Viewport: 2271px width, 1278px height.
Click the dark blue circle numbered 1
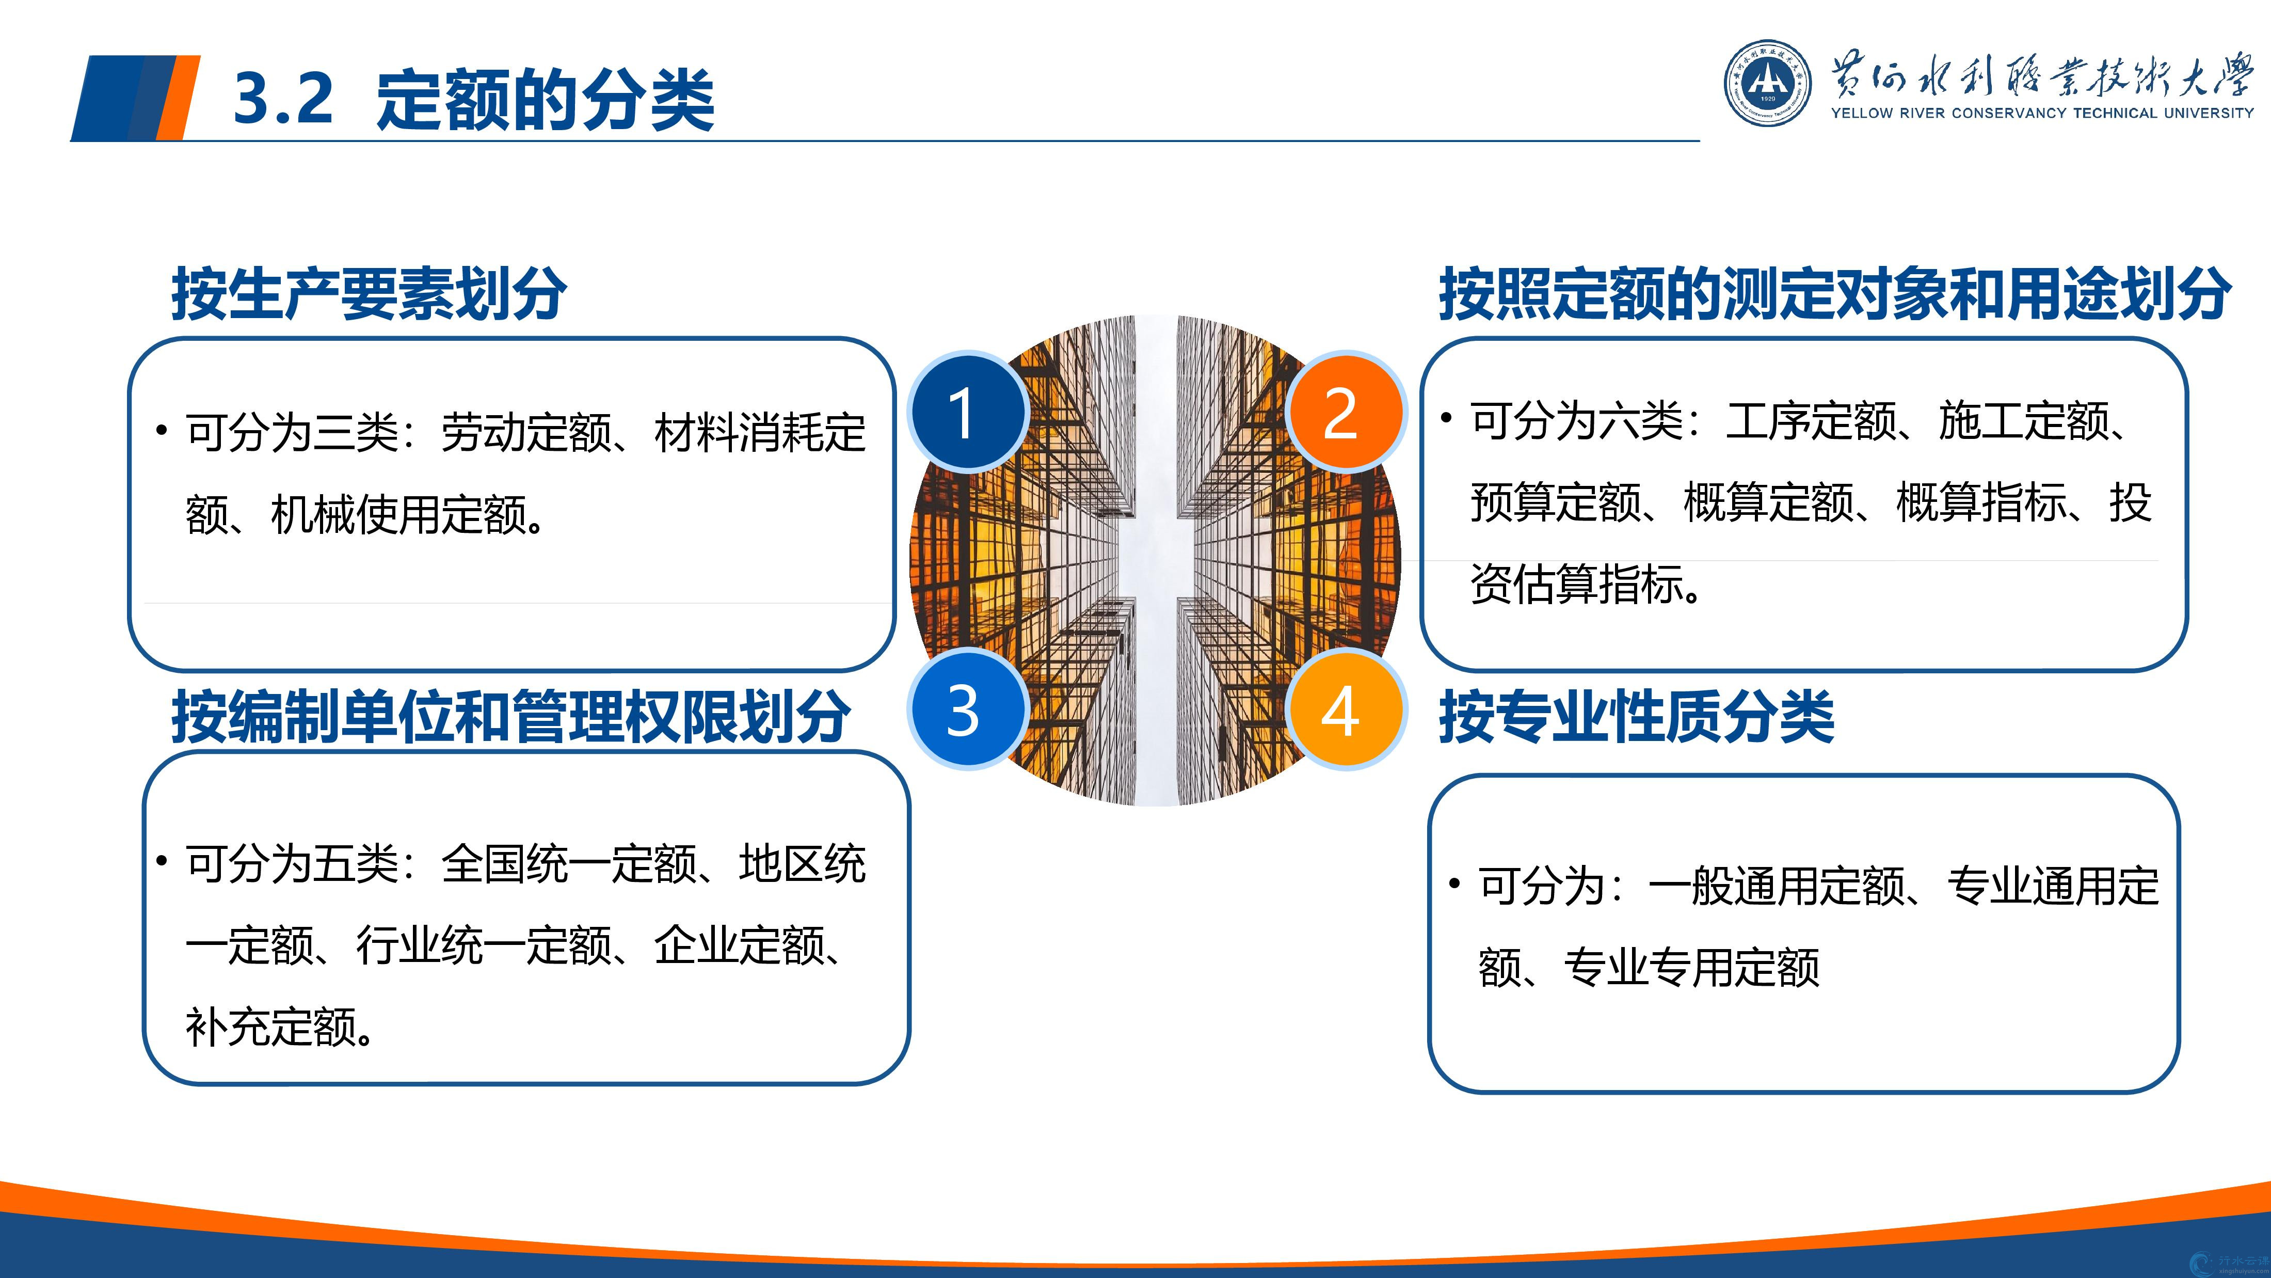(x=967, y=412)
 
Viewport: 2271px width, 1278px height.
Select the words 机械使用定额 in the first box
(x=398, y=514)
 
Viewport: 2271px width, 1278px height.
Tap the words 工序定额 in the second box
(x=1811, y=421)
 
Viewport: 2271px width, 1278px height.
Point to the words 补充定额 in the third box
(x=270, y=1027)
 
